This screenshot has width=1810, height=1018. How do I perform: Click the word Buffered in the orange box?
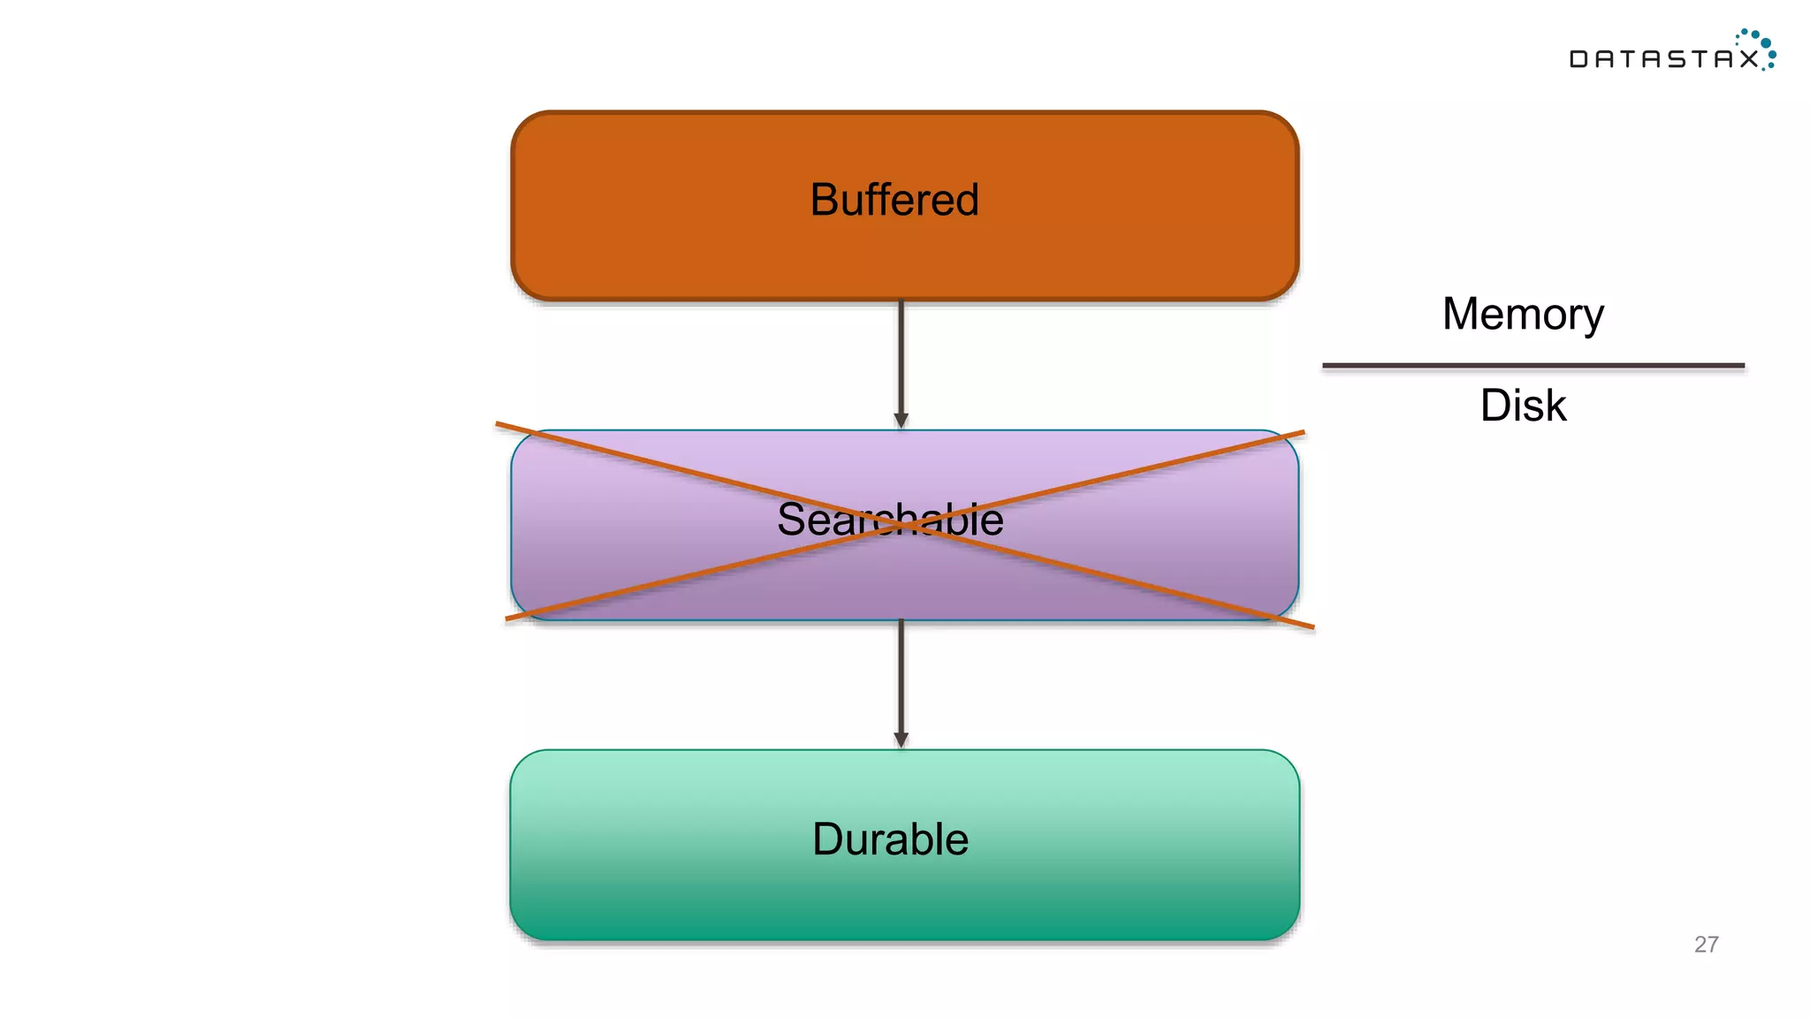pyautogui.click(x=894, y=200)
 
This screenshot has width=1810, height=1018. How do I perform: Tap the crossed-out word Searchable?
pyautogui.click(x=890, y=519)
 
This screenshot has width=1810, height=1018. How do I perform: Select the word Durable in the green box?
pyautogui.click(x=890, y=839)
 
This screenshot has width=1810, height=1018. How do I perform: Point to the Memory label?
pyautogui.click(x=1523, y=314)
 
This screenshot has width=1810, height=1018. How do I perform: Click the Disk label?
pyautogui.click(x=1523, y=406)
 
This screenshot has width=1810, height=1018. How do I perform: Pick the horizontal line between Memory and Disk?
pyautogui.click(x=1533, y=365)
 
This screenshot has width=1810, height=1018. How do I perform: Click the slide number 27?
pyautogui.click(x=1706, y=945)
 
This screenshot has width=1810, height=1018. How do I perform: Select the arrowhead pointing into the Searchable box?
pyautogui.click(x=901, y=421)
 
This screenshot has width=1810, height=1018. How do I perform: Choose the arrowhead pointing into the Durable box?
pyautogui.click(x=901, y=740)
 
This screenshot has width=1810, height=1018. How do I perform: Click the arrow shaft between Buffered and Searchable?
pyautogui.click(x=901, y=358)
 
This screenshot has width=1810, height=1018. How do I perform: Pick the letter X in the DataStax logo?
pyautogui.click(x=1748, y=59)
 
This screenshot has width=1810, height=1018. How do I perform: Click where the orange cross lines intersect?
pyautogui.click(x=901, y=525)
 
